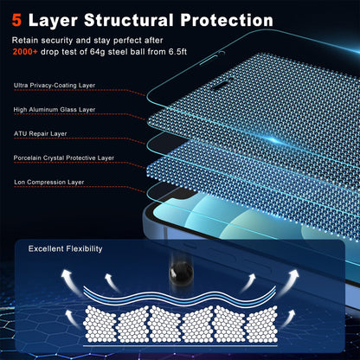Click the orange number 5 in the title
16,20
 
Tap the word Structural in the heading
129,20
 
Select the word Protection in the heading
227,21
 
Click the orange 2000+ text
25,52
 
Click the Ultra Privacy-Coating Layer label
55,86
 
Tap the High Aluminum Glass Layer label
55,110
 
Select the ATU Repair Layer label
41,134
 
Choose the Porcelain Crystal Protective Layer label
64,158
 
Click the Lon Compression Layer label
49,183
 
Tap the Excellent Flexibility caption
66,249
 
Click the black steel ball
181,273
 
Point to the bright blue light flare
275,141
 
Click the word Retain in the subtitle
25,41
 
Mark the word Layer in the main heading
53,21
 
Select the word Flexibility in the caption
84,249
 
